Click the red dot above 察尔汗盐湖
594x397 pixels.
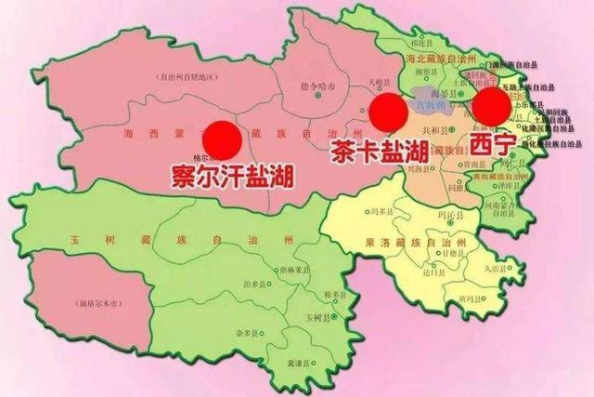pyautogui.click(x=224, y=139)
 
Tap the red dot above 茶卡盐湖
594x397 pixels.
pyautogui.click(x=387, y=112)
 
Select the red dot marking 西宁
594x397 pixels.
pyautogui.click(x=489, y=108)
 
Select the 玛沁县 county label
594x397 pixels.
pyautogui.click(x=446, y=219)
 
